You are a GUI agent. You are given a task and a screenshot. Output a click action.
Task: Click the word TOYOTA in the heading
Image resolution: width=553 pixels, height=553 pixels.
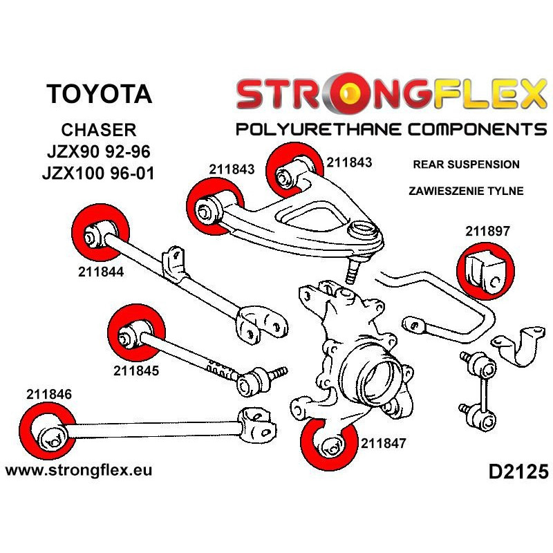click(100, 94)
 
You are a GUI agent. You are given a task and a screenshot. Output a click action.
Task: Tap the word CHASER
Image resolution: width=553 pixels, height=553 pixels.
click(100, 130)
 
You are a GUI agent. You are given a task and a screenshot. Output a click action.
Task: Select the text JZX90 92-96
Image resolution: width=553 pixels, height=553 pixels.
click(100, 151)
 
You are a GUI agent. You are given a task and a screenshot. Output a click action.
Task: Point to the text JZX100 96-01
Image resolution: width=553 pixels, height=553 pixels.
click(100, 172)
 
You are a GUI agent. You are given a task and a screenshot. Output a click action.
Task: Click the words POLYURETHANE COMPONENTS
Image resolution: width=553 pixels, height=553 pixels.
click(391, 130)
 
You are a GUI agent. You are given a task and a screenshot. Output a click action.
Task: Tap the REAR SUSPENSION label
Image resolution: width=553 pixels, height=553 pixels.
click(465, 165)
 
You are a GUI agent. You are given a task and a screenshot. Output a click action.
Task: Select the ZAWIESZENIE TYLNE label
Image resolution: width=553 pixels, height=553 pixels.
click(465, 191)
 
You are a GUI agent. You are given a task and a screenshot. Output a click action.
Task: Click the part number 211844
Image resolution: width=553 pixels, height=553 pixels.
click(100, 272)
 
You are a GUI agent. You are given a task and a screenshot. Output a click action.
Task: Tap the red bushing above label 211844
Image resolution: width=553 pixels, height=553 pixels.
click(101, 231)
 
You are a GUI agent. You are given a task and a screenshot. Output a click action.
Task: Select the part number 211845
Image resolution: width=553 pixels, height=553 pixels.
click(136, 370)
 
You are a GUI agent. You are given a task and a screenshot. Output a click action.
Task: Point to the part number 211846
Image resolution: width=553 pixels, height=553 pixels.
click(50, 395)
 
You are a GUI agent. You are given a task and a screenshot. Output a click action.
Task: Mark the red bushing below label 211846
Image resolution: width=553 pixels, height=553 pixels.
click(48, 433)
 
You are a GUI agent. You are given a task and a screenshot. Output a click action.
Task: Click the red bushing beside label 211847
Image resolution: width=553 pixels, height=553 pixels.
click(328, 444)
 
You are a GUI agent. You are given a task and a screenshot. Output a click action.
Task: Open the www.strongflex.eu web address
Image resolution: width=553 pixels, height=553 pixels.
click(78, 470)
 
